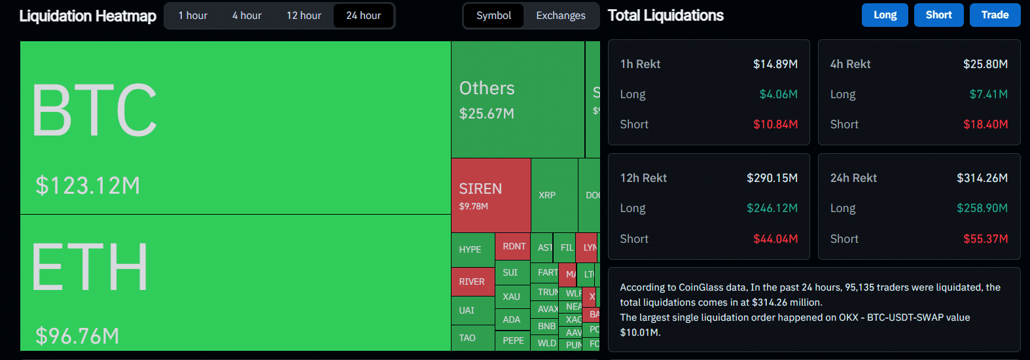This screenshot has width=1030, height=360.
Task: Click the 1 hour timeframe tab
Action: tap(192, 16)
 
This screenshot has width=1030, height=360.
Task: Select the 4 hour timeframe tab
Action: tap(247, 16)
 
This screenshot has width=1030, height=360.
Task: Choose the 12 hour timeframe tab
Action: tap(304, 16)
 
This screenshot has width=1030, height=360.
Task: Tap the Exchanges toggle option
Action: tap(561, 16)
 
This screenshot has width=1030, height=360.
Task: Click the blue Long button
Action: tap(885, 15)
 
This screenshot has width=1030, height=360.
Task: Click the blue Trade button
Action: tap(995, 15)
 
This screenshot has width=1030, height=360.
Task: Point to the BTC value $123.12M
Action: tap(88, 186)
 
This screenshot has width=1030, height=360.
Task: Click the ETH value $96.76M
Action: tap(77, 336)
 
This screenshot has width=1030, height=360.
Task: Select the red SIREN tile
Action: tap(491, 196)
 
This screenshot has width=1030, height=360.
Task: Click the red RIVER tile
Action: tap(472, 281)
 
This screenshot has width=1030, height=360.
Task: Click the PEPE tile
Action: tap(513, 340)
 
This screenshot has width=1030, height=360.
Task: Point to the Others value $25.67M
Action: tap(487, 114)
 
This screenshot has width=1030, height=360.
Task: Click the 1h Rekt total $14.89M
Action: tap(775, 64)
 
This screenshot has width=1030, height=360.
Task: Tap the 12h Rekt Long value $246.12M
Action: tap(772, 208)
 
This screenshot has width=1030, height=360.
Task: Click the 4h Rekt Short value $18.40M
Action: tap(985, 124)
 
